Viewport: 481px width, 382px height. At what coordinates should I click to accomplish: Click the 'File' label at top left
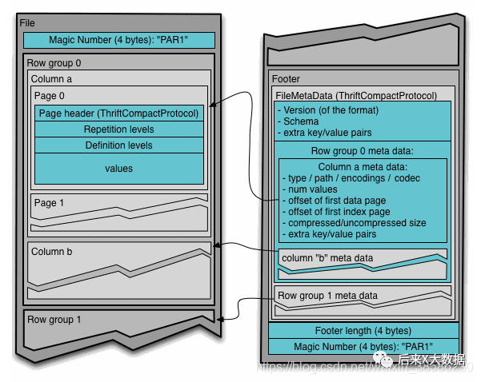(x=27, y=23)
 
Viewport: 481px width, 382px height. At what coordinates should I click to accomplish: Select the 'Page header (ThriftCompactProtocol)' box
(x=118, y=113)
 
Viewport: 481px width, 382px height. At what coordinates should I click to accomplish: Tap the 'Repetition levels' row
(x=118, y=129)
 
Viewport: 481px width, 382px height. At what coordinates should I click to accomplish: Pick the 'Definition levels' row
(x=118, y=145)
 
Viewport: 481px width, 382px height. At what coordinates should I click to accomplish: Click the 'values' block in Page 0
(x=118, y=169)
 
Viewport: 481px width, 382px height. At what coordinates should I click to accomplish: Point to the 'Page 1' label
(x=46, y=203)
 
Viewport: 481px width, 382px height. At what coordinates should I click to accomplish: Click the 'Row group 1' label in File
(x=54, y=320)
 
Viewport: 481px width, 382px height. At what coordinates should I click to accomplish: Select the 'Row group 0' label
(x=54, y=62)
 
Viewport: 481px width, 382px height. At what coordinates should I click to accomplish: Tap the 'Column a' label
(x=51, y=79)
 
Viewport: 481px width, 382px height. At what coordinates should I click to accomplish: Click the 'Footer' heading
(x=286, y=79)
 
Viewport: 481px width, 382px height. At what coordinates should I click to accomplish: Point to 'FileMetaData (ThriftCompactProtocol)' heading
(x=356, y=95)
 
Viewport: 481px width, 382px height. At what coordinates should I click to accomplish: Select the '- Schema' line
(x=299, y=121)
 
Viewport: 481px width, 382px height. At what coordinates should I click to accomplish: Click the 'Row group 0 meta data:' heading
(x=362, y=150)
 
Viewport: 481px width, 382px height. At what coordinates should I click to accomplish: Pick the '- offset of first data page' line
(x=339, y=201)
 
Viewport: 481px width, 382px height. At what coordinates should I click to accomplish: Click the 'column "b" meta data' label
(x=327, y=258)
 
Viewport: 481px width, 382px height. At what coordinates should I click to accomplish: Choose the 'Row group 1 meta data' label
(x=328, y=296)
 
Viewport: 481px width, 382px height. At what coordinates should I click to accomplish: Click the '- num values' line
(x=311, y=189)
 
